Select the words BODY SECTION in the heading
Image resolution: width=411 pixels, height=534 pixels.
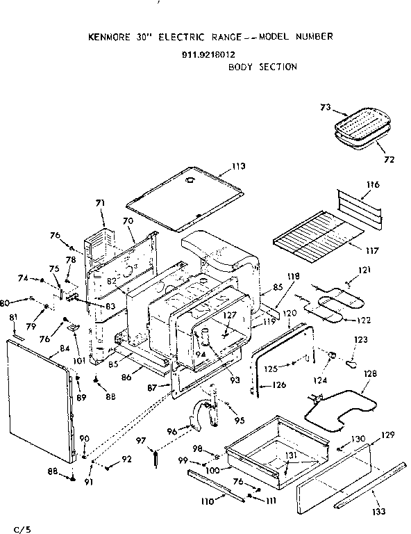[x=262, y=67]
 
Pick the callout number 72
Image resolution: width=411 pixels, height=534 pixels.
[x=389, y=159]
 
